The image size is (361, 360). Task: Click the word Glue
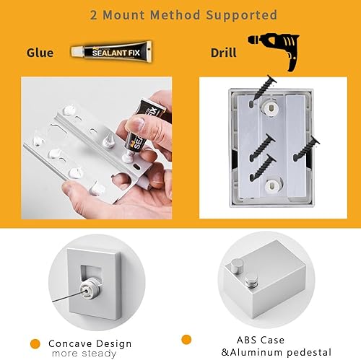pyautogui.click(x=40, y=53)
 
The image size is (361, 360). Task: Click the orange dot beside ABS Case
pyautogui.click(x=186, y=339)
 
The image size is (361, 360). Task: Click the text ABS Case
pyautogui.click(x=261, y=340)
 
